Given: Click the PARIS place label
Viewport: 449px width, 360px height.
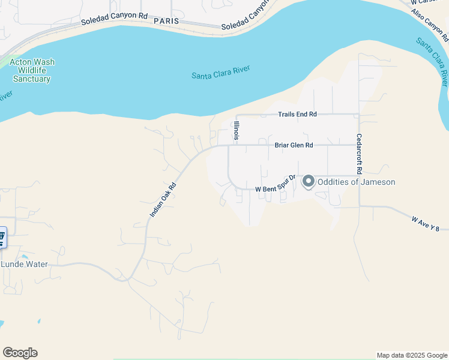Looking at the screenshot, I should pos(166,20).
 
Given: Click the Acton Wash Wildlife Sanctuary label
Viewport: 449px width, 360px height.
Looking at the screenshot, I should pos(32,70).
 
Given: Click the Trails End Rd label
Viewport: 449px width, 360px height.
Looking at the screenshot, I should pos(297,115).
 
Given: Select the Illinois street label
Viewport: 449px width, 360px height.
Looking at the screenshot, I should pos(237,130).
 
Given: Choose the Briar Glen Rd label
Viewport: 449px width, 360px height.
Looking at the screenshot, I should pos(294,145).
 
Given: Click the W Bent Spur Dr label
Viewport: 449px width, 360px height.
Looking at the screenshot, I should pos(276,184).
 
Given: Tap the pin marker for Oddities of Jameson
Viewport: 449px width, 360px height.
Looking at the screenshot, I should pos(309,181).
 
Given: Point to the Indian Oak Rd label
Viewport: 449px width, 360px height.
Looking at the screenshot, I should pos(163,200).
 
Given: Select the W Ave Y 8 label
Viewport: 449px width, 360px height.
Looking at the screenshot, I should pos(430,224).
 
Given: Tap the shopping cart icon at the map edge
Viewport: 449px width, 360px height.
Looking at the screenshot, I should pos(2,237).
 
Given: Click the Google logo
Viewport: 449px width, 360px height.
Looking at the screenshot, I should pos(20,353).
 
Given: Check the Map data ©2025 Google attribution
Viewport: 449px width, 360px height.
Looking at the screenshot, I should pos(412,355).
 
